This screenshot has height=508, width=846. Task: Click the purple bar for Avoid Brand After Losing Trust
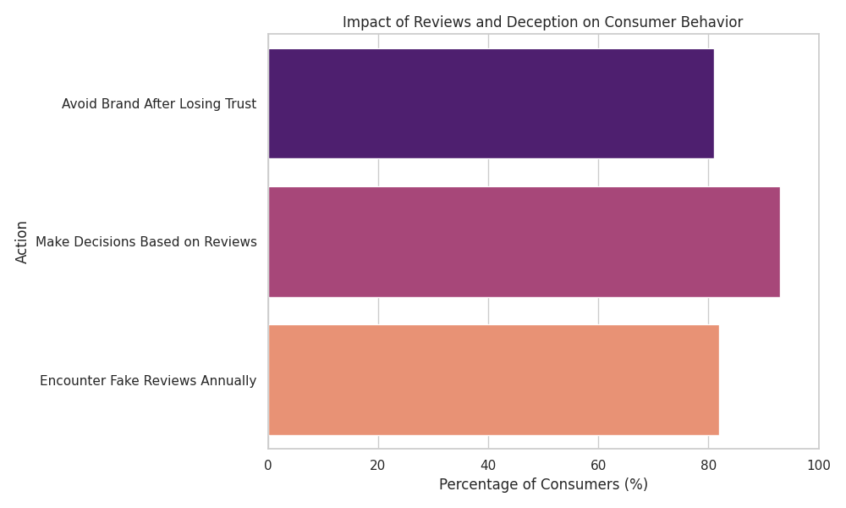[491, 104]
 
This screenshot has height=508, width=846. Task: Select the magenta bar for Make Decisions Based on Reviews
[524, 242]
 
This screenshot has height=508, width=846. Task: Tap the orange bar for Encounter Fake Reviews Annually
[493, 380]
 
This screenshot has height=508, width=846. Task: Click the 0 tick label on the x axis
[268, 465]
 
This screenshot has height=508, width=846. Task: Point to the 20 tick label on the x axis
[378, 465]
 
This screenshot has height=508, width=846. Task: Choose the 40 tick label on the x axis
[488, 465]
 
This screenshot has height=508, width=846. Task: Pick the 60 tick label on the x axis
[598, 465]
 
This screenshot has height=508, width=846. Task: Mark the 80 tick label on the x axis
[708, 465]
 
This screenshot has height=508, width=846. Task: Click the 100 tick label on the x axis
[818, 465]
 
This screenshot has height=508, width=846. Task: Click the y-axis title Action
[22, 242]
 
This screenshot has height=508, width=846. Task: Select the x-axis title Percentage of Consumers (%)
[543, 485]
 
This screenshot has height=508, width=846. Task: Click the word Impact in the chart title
[364, 23]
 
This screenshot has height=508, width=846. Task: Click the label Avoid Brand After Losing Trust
[159, 104]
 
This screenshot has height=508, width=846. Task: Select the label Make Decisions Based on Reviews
[146, 242]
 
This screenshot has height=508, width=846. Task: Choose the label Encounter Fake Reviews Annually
[148, 381]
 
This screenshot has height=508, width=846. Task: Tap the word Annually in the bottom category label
[228, 381]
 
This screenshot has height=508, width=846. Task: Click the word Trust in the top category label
[240, 104]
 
